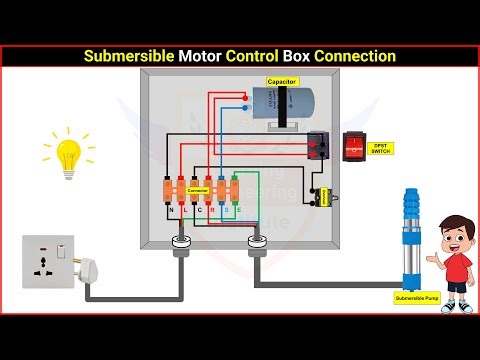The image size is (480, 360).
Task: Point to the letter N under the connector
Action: [x=170, y=210]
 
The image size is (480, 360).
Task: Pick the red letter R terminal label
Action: [x=212, y=210]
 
